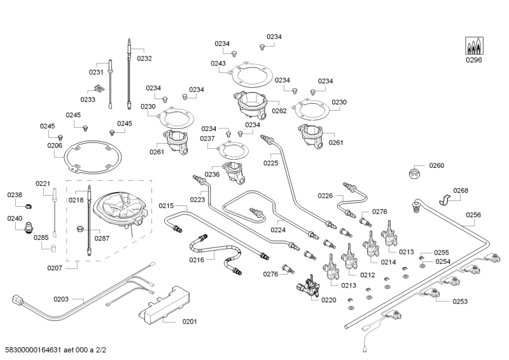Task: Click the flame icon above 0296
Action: coord(474,45)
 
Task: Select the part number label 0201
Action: coord(190,321)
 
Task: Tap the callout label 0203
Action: coord(61,298)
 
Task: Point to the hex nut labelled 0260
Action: coord(416,173)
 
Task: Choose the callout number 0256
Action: coord(473,215)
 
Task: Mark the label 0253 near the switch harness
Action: coord(460,302)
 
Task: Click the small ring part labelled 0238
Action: coord(29,205)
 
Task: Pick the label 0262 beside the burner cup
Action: coord(279,110)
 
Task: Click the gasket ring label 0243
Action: coord(218,64)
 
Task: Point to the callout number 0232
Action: coord(144,58)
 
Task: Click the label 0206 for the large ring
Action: coord(55,146)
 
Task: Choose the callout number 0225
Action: coord(271,163)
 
